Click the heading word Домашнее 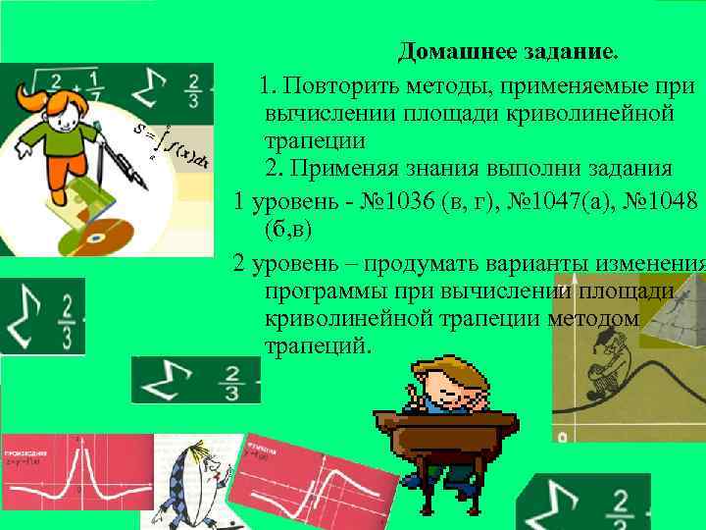450,49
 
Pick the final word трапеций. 319,347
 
